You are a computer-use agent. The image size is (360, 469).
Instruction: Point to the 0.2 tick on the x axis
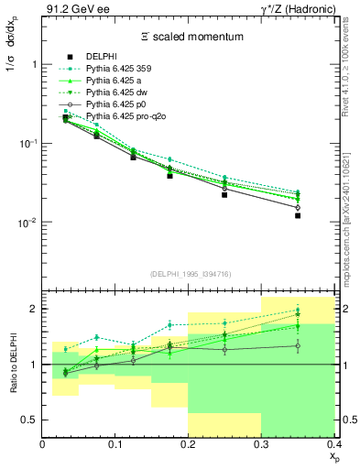click(x=188, y=444)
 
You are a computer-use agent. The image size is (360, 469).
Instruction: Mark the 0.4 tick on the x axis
click(x=333, y=444)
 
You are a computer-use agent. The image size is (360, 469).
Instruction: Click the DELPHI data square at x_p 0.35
click(x=298, y=215)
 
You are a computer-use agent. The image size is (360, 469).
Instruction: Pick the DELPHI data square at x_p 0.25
click(x=224, y=194)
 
